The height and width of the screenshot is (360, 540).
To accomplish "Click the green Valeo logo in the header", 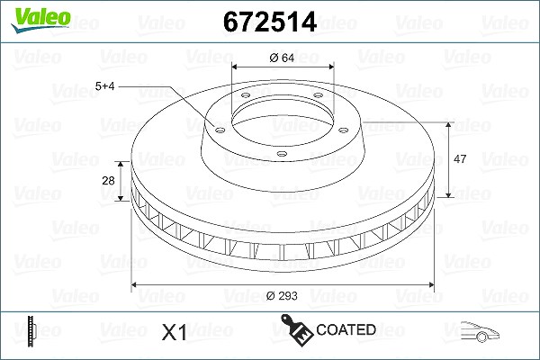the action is [40, 20].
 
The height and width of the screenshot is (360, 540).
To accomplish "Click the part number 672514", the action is [270, 22].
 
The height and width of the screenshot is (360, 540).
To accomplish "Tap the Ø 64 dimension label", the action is [282, 58].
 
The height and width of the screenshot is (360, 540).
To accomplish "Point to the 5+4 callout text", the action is [104, 85].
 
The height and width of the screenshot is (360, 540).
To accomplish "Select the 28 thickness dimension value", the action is [108, 181].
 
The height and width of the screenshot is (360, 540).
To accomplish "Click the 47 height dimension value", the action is [460, 158].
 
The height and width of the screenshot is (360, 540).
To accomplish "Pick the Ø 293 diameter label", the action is [282, 295].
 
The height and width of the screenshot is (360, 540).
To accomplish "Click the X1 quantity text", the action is [175, 332].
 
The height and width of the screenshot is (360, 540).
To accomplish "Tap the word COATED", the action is [346, 329].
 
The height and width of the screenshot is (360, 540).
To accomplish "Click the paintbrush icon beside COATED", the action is [296, 329].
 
